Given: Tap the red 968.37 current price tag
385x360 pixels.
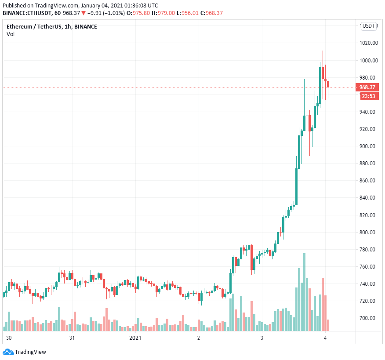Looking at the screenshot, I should (370, 87).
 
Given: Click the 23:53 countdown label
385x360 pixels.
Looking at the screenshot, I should (370, 96).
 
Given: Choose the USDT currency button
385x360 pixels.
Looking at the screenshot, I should (369, 26).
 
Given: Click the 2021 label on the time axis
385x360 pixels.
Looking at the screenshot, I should (135, 338).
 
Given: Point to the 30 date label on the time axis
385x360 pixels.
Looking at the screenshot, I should (9, 338).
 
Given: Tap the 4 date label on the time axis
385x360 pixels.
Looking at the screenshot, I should (325, 338).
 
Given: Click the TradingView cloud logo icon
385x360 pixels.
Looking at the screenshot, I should (8, 352).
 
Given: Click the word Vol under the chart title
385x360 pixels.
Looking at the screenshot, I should (10, 34).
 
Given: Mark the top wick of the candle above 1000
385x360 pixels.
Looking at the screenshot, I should (323, 57).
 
